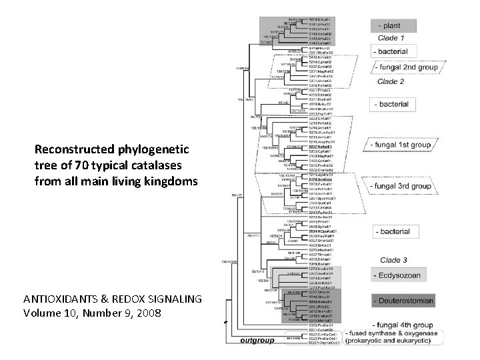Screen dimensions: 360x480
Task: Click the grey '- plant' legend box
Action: pyautogui.click(x=393, y=26)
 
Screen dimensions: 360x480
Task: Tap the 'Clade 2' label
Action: pyautogui.click(x=391, y=82)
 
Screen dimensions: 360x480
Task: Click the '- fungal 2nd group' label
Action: pyautogui.click(x=405, y=68)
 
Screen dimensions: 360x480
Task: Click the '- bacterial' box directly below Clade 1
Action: pyautogui.click(x=394, y=51)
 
